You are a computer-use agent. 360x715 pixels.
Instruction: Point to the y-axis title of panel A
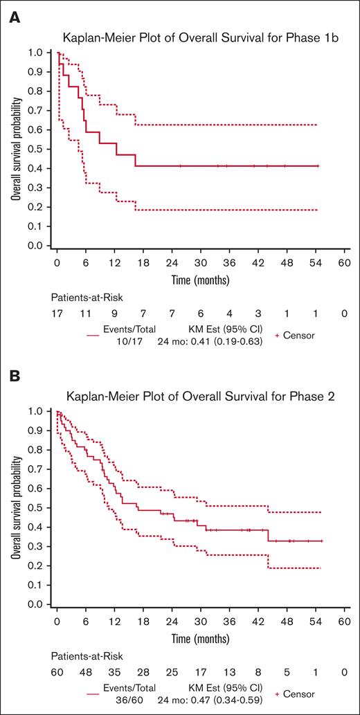click(14, 148)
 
